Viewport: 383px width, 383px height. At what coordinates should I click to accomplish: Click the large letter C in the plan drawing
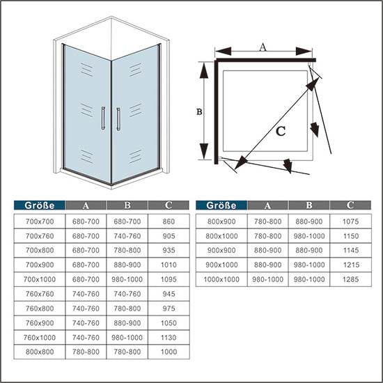pyautogui.click(x=280, y=130)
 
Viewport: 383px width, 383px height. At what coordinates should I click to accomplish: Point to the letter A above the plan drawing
pyautogui.click(x=263, y=47)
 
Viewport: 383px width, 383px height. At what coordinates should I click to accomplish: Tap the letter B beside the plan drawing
pyautogui.click(x=199, y=111)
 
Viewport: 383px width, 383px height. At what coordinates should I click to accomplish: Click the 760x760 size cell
pyautogui.click(x=40, y=294)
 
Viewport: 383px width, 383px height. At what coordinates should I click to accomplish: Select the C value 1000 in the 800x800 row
pyautogui.click(x=169, y=353)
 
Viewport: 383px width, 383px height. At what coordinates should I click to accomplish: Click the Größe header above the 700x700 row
pyautogui.click(x=40, y=205)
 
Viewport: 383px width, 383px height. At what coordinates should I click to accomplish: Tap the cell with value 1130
pyautogui.click(x=169, y=338)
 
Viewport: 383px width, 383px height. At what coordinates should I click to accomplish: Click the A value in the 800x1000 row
pyautogui.click(x=268, y=235)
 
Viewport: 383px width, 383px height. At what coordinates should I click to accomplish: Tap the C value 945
pyautogui.click(x=169, y=294)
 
